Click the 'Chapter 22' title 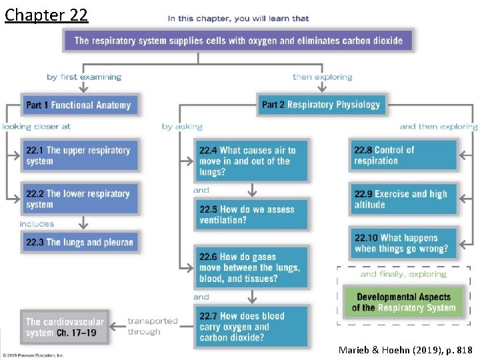[x=46, y=15]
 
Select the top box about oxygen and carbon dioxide [x=238, y=41]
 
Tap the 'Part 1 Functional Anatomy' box [x=78, y=105]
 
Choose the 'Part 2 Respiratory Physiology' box [x=321, y=105]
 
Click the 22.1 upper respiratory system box [x=79, y=155]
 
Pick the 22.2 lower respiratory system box [x=79, y=199]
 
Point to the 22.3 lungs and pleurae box [x=79, y=242]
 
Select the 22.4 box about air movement [x=252, y=161]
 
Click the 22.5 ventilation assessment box [x=252, y=214]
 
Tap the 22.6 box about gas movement [x=252, y=267]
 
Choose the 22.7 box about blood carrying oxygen [x=252, y=327]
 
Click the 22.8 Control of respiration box [x=403, y=155]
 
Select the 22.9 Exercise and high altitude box [x=403, y=199]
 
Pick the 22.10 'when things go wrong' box [x=403, y=243]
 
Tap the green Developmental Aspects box [x=403, y=302]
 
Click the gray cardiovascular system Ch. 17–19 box [x=64, y=327]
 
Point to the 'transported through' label [x=152, y=326]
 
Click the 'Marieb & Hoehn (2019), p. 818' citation [x=405, y=350]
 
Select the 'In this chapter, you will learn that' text [x=238, y=19]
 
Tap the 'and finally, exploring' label [x=403, y=274]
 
